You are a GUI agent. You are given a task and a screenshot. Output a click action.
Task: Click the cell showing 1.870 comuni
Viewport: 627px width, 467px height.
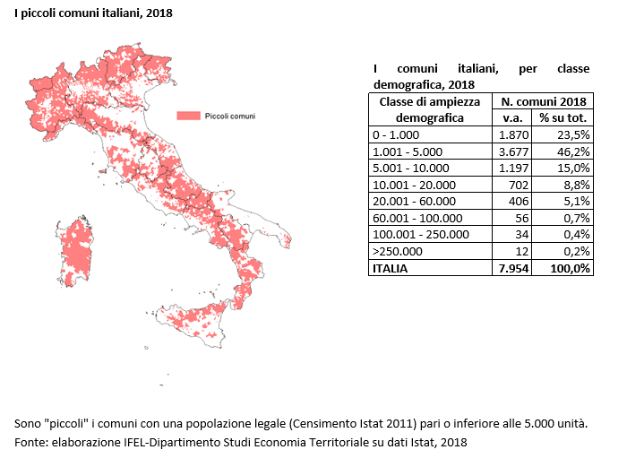tap(513, 134)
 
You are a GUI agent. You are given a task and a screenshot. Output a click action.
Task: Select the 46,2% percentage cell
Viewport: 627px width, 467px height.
tap(573, 151)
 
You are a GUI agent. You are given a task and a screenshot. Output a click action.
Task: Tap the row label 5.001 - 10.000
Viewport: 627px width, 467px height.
tap(410, 169)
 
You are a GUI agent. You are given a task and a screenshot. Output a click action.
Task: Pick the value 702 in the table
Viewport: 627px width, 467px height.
tap(519, 185)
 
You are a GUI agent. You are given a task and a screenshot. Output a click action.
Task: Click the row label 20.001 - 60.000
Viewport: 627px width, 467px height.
tap(414, 202)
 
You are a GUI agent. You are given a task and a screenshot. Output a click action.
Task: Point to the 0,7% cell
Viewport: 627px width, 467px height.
tap(577, 218)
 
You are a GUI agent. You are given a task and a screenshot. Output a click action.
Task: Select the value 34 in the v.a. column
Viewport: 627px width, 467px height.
tap(521, 235)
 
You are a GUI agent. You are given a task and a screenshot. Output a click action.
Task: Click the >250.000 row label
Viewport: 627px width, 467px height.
tap(398, 251)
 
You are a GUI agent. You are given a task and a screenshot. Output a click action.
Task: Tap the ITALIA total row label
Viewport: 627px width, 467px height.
tap(390, 268)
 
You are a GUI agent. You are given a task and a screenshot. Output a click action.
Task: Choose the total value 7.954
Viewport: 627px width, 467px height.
tap(513, 268)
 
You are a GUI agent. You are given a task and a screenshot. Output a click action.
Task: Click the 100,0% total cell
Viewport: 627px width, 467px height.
tap(570, 268)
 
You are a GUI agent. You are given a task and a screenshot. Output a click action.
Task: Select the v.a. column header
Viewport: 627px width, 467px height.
tap(512, 118)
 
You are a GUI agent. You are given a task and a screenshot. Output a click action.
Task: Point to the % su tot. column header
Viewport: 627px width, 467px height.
tap(563, 118)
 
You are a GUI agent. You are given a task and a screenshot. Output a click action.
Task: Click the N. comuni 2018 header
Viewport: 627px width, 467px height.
tap(544, 101)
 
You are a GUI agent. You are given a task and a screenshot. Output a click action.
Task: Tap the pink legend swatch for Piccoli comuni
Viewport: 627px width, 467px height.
tap(189, 116)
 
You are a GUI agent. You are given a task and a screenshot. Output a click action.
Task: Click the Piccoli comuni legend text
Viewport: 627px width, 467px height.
tap(230, 116)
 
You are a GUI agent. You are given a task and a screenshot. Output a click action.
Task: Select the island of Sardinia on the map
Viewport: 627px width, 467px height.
tap(74, 251)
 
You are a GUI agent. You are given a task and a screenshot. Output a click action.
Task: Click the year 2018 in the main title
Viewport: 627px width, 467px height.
tap(159, 13)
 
